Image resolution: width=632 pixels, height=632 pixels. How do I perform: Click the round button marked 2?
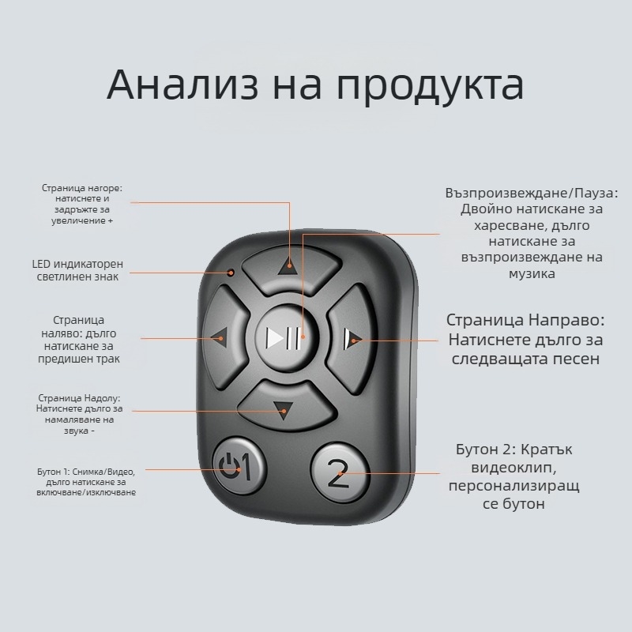pyautogui.click(x=338, y=473)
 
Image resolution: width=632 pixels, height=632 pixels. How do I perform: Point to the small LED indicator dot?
pyautogui.click(x=231, y=273)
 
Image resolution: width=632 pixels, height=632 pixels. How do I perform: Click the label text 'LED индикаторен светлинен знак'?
pyautogui.click(x=77, y=270)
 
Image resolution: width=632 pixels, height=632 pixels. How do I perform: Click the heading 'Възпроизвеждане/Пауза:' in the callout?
pyautogui.click(x=532, y=193)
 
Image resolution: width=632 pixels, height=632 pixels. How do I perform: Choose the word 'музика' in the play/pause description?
pyautogui.click(x=533, y=273)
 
